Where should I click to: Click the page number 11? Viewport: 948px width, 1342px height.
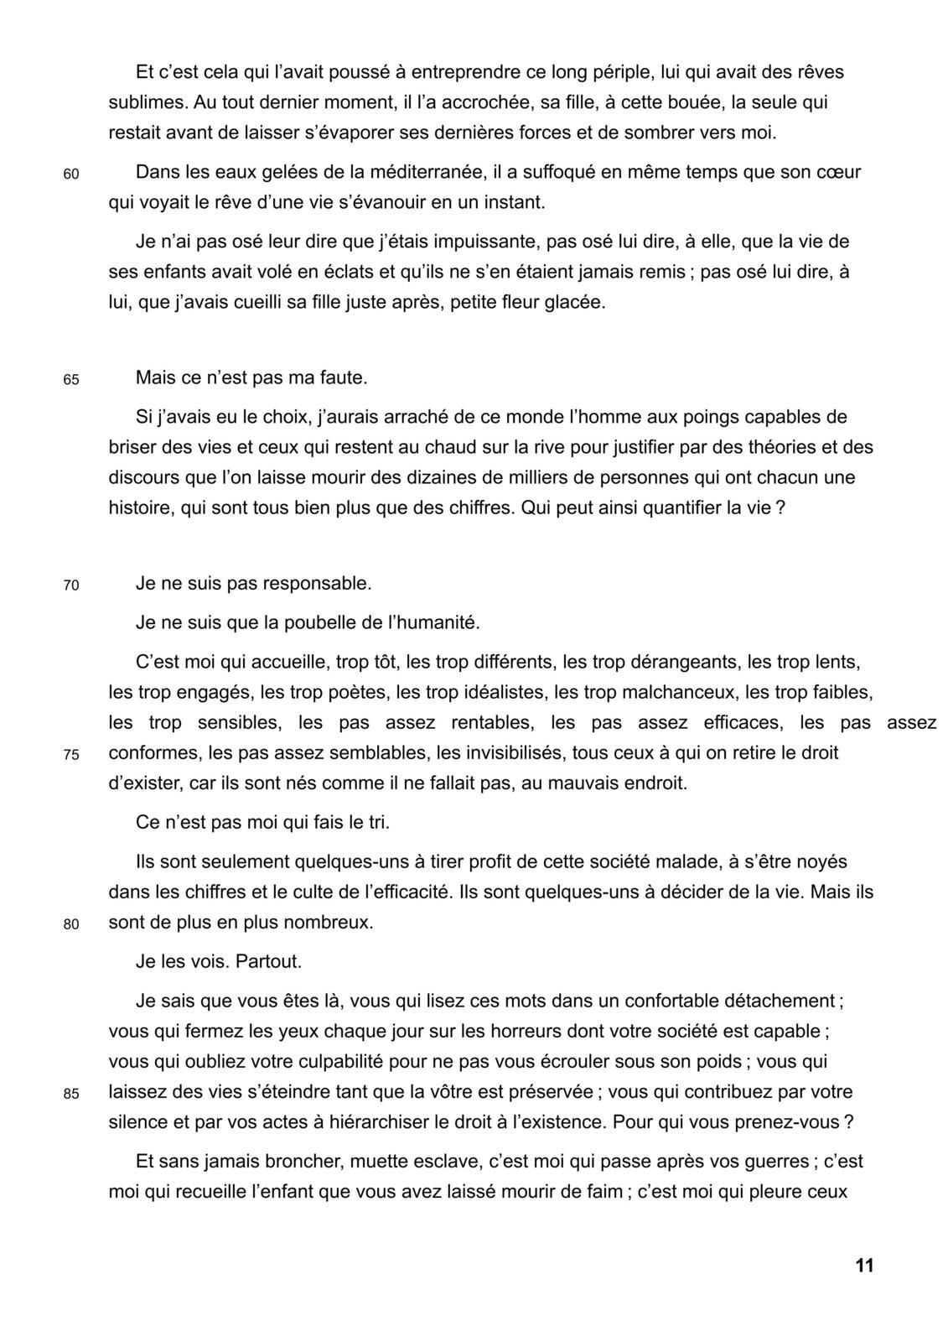click(x=864, y=1266)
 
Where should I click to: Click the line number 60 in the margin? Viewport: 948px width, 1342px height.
click(x=71, y=174)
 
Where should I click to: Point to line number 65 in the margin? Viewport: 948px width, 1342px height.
click(x=71, y=380)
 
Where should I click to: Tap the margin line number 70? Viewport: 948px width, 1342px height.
click(x=71, y=585)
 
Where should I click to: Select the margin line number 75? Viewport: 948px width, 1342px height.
click(x=71, y=755)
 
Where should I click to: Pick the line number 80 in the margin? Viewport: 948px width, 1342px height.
click(x=71, y=925)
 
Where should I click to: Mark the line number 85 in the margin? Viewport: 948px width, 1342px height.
click(x=71, y=1095)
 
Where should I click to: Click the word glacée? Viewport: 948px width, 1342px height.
click(x=574, y=303)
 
